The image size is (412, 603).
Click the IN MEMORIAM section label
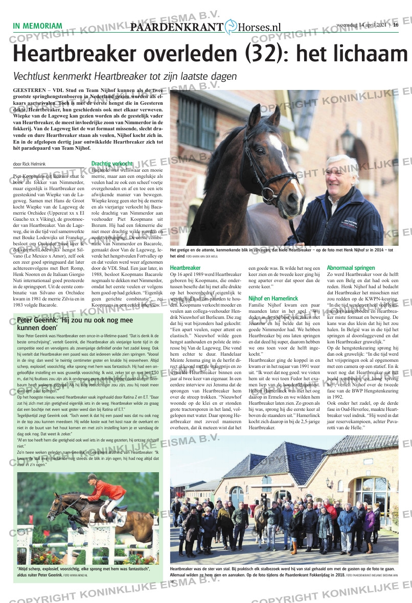37,26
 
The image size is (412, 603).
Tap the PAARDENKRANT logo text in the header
177,28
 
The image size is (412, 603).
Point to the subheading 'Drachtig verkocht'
111,164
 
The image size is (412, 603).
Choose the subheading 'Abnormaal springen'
351,267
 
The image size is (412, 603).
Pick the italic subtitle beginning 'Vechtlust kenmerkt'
125,76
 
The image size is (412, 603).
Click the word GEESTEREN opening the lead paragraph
30,89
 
